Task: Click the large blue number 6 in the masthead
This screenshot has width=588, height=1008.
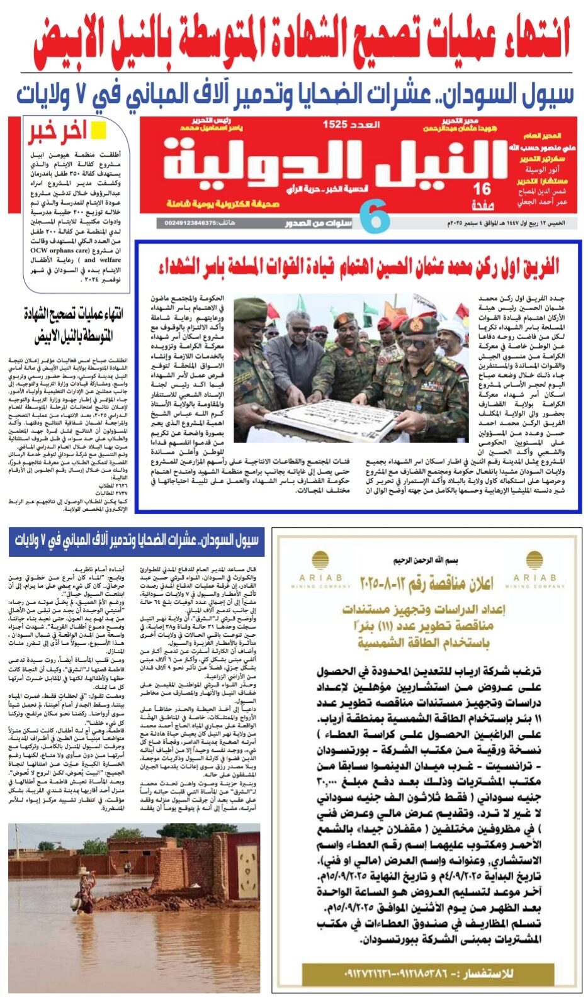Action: pos(376,217)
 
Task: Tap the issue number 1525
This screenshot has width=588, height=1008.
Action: pos(334,124)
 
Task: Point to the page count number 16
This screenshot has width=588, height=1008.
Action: pos(482,189)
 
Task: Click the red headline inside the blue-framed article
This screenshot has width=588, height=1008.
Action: pos(358,266)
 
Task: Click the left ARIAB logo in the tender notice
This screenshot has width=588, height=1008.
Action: pos(320,569)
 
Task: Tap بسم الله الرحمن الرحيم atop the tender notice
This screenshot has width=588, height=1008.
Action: pos(426,560)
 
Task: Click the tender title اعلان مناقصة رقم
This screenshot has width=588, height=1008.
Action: pos(426,583)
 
